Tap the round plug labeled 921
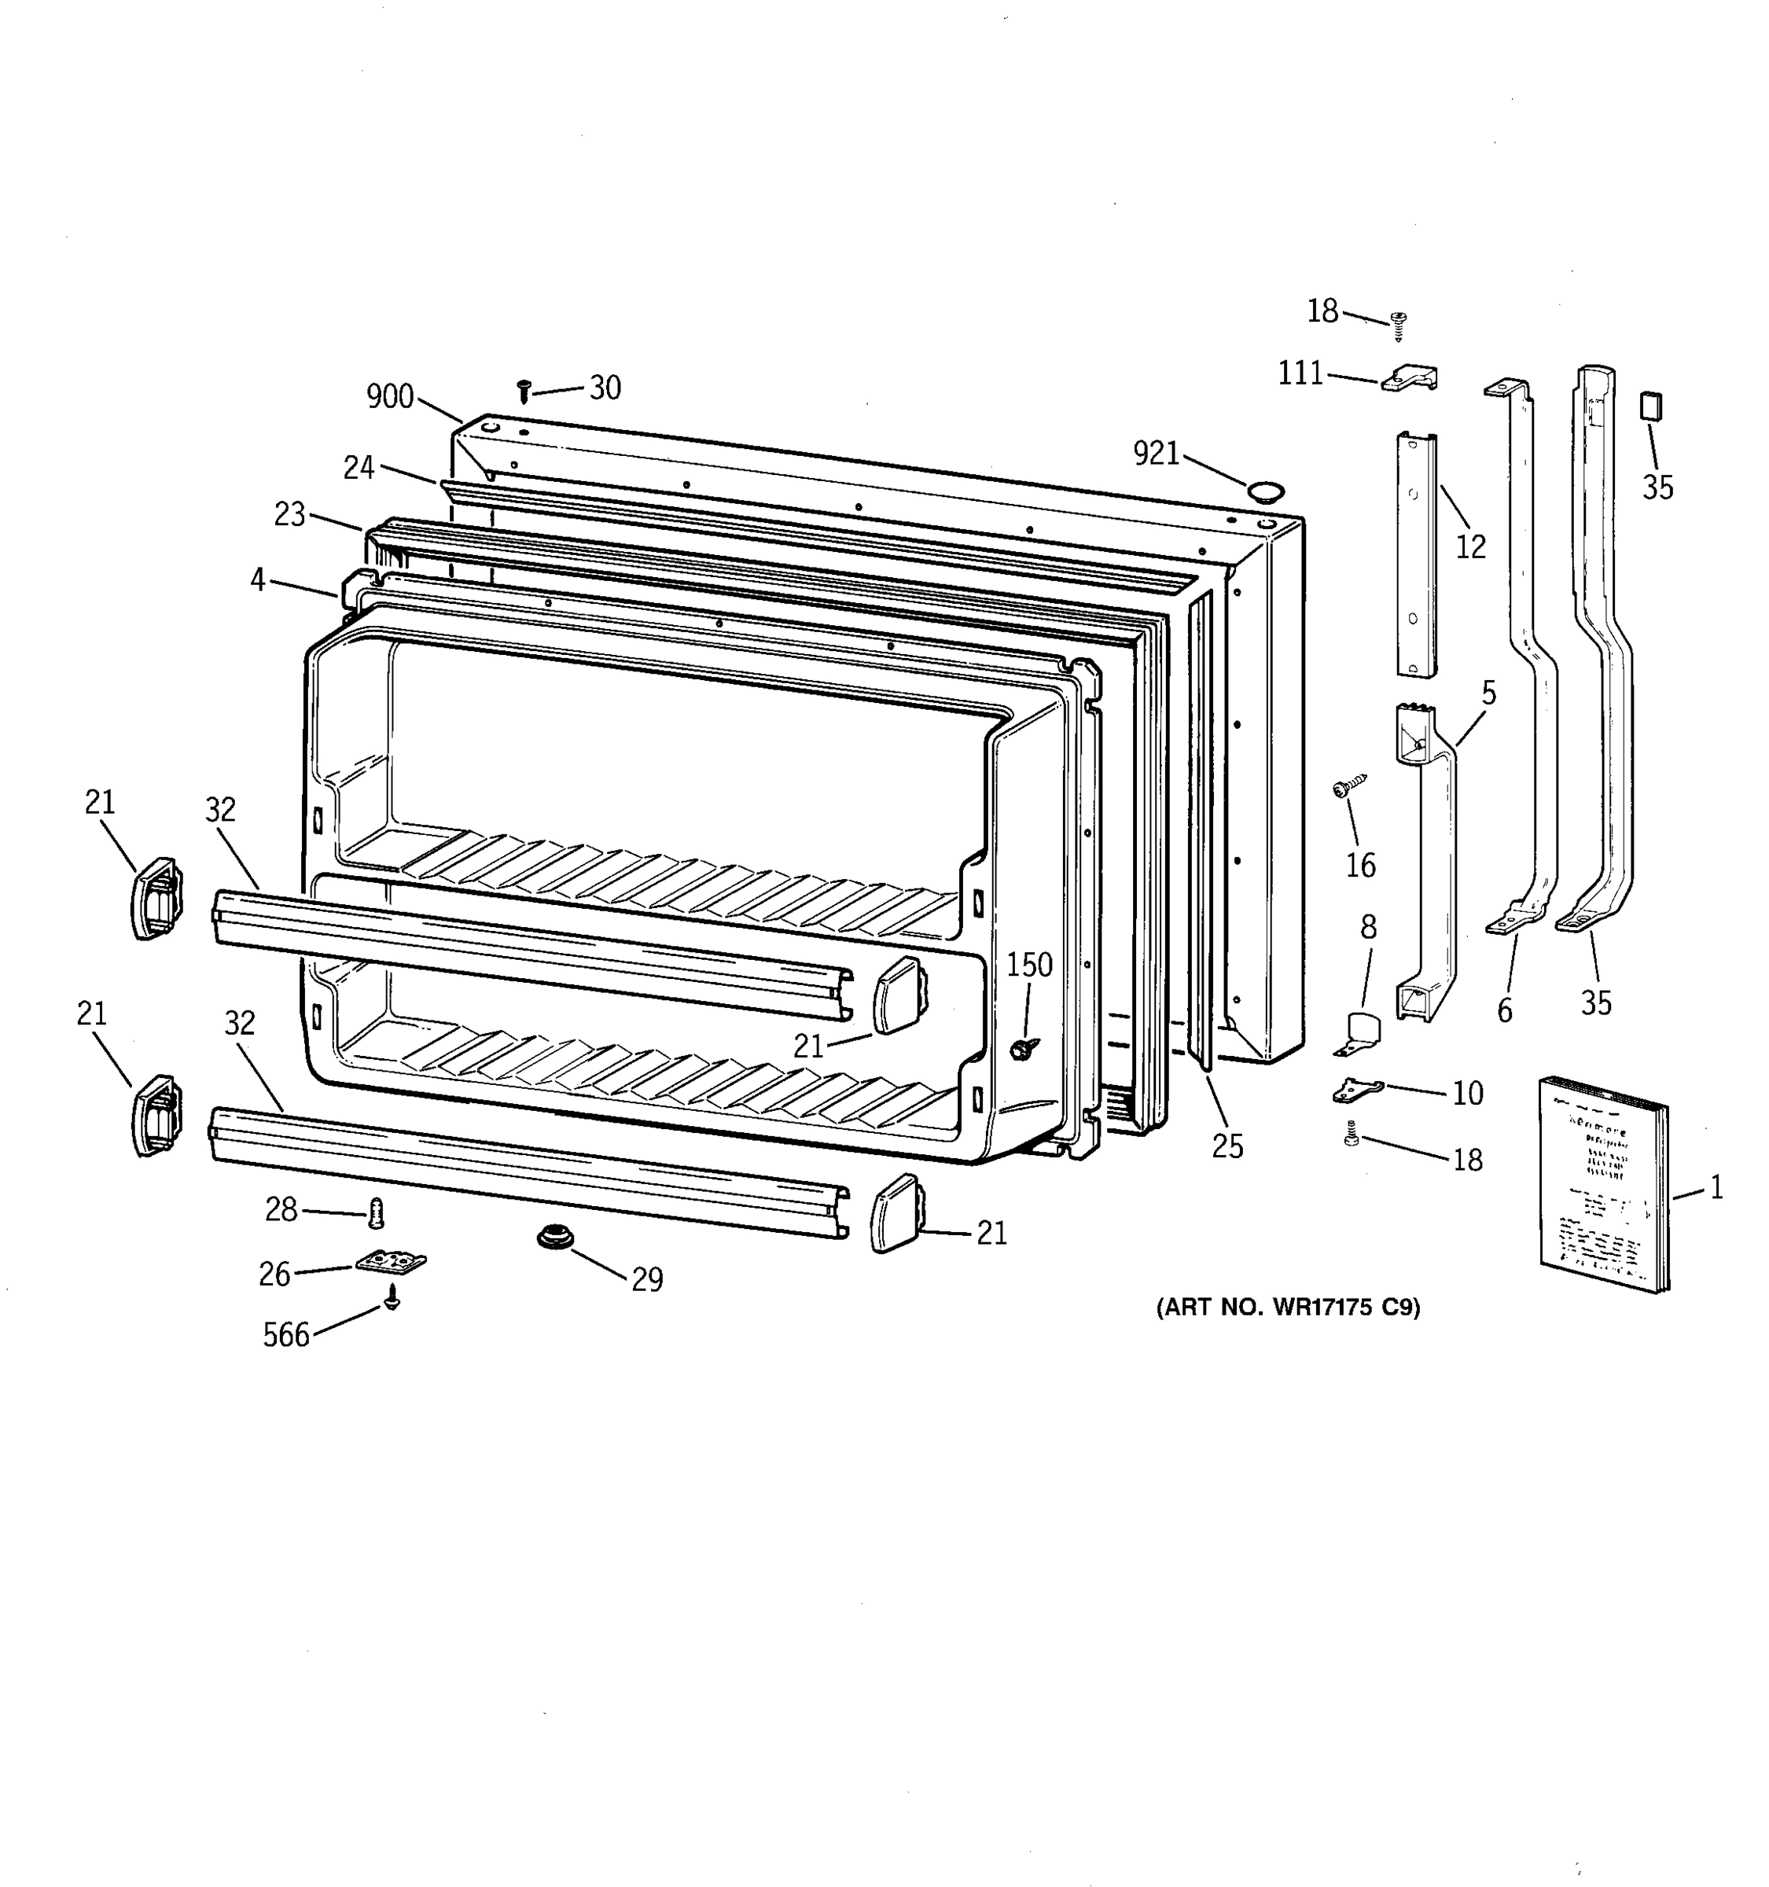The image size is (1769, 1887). tap(1264, 491)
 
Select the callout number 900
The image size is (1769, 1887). tap(390, 397)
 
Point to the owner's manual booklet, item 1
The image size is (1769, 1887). tap(1602, 1185)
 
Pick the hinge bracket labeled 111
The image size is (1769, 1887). tap(1410, 379)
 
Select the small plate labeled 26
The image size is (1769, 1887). tap(391, 1261)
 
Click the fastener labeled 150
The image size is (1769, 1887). tap(1023, 1047)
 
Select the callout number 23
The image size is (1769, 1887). tap(289, 514)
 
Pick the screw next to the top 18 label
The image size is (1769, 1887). tap(1398, 325)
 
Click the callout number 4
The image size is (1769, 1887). tap(258, 579)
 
